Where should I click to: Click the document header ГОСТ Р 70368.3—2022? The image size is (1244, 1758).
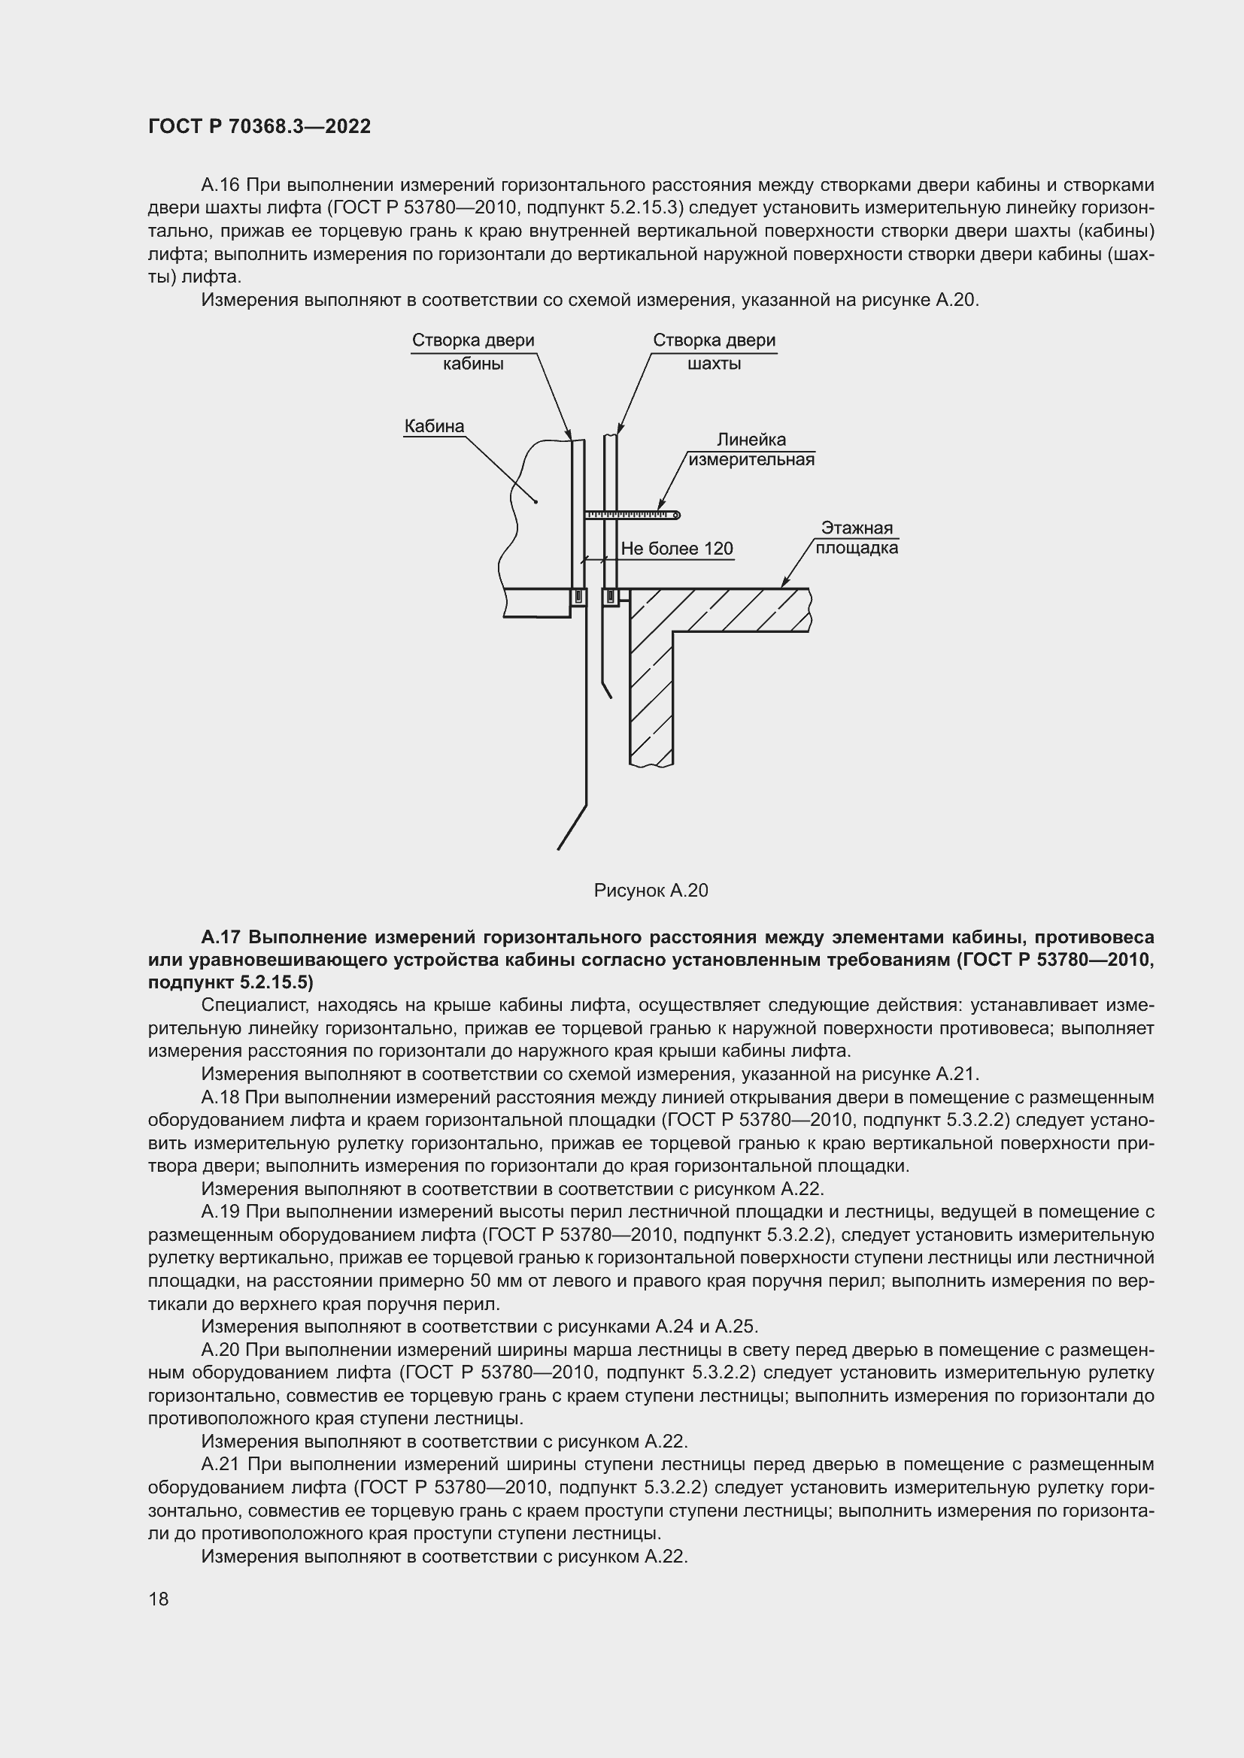click(259, 126)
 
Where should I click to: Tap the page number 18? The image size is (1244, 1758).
click(159, 1599)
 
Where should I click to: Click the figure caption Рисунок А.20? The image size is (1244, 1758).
click(651, 890)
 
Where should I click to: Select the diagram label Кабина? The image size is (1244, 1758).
click(434, 425)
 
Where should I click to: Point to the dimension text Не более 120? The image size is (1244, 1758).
click(676, 548)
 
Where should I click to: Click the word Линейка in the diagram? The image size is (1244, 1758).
click(751, 440)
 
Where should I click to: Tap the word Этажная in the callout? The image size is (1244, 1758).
click(857, 528)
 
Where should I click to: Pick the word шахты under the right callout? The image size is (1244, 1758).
click(714, 364)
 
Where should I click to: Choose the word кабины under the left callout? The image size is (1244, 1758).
click(472, 364)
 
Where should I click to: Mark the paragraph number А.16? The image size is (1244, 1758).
click(220, 186)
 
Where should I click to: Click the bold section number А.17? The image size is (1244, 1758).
click(222, 937)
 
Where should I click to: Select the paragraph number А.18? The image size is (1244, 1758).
click(220, 1097)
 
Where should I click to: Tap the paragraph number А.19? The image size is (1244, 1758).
click(220, 1212)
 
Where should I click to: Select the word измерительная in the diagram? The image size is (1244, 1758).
click(751, 459)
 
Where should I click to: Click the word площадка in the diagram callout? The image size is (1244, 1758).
click(857, 548)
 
